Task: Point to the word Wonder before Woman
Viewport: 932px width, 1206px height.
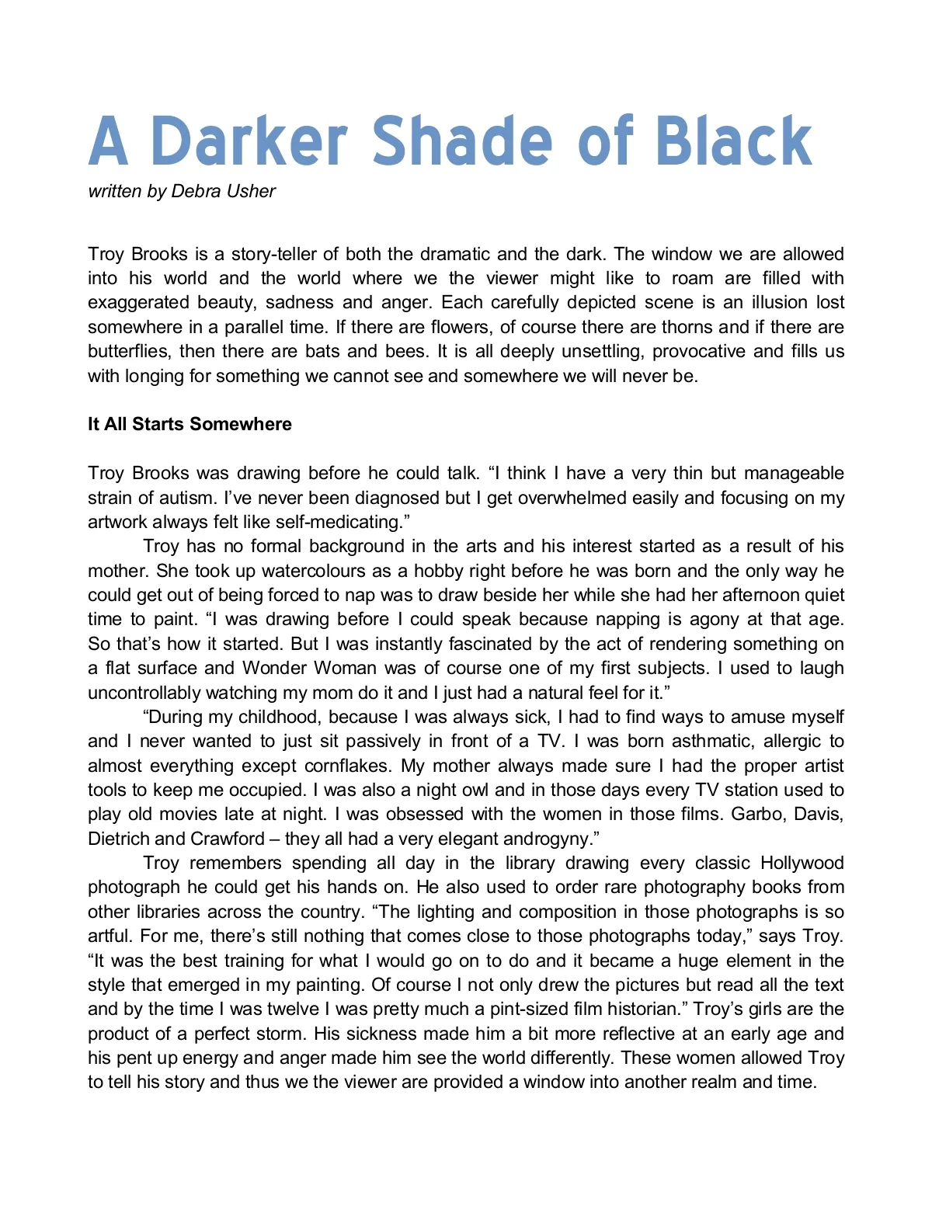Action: [x=276, y=668]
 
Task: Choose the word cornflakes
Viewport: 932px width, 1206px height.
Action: [x=346, y=766]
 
